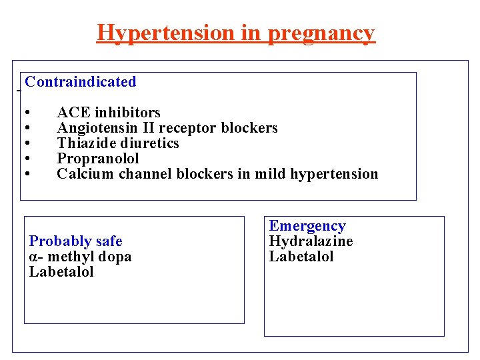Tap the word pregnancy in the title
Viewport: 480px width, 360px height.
point(321,33)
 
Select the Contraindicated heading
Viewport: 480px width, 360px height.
point(81,82)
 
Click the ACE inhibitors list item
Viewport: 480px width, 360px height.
point(109,112)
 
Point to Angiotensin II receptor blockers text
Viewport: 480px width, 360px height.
point(167,127)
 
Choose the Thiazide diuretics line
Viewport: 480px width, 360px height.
point(118,143)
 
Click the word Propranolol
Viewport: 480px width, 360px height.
point(98,158)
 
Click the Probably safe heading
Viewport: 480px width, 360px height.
point(75,241)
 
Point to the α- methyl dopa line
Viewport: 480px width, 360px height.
point(80,257)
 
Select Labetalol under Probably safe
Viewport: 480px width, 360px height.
point(61,272)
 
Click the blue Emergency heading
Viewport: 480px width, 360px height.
point(307,226)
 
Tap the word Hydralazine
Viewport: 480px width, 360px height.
point(311,241)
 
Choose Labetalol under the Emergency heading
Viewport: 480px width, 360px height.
point(301,257)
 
